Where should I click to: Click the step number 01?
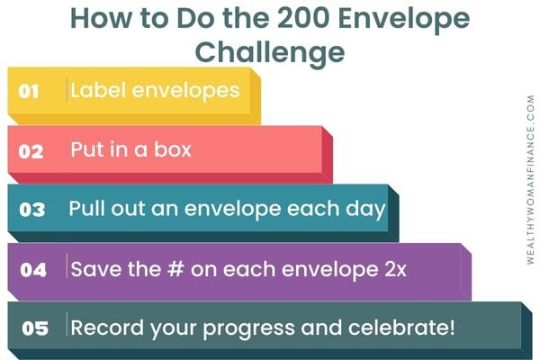click(x=28, y=92)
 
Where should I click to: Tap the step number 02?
click(x=31, y=151)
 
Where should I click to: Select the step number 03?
click(x=32, y=210)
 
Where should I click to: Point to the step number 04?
click(x=33, y=270)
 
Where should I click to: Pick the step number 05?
click(x=35, y=328)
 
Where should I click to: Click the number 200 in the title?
click(x=303, y=18)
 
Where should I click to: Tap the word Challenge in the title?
click(x=270, y=52)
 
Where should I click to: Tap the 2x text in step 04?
click(x=396, y=269)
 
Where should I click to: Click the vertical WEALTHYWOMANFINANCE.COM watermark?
click(x=531, y=179)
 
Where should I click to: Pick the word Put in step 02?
click(x=85, y=149)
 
